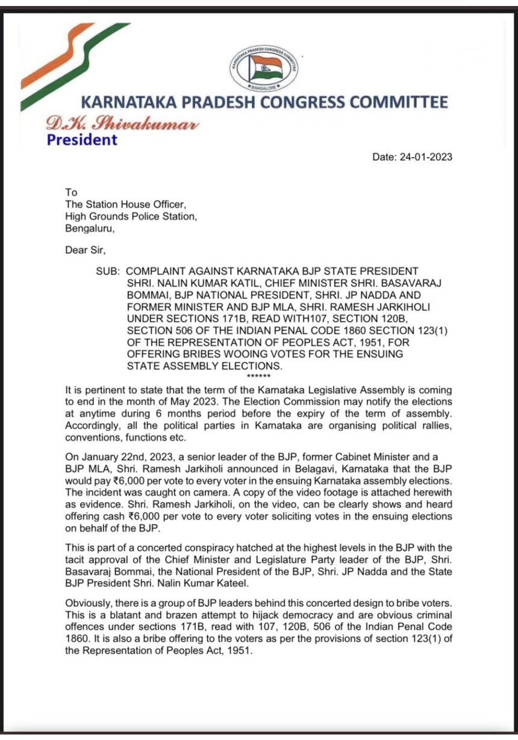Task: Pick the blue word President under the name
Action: coord(82,140)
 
